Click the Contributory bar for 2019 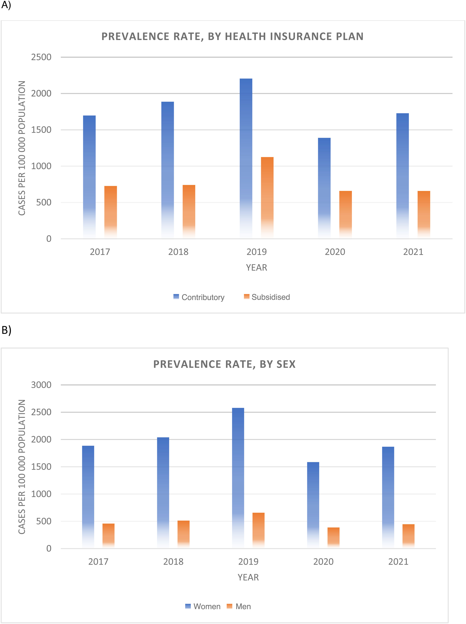point(246,158)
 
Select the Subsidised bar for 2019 point(267,198)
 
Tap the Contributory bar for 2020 point(324,188)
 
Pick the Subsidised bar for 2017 point(111,212)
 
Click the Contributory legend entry point(199,297)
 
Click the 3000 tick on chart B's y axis point(41,385)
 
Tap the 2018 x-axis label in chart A point(178,252)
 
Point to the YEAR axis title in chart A point(256,267)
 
